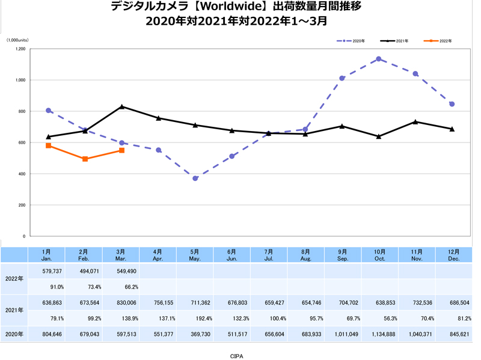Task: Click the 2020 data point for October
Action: pos(378,59)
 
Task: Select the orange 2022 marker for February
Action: pos(85,159)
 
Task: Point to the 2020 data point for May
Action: pos(195,178)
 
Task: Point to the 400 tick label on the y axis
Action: pos(20,174)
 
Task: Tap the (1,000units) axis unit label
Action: pos(18,40)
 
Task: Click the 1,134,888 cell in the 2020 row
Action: pos(379,334)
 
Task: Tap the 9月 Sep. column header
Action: pos(342,254)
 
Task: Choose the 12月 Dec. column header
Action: pos(453,254)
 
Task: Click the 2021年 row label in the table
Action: pos(14,310)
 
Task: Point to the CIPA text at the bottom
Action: pos(237,355)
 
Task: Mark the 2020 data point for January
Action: pos(48,111)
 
